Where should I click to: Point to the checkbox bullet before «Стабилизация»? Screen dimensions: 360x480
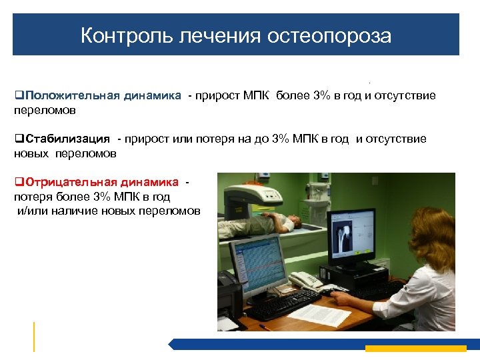(x=18, y=139)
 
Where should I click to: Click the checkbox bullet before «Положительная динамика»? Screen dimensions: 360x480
(x=18, y=96)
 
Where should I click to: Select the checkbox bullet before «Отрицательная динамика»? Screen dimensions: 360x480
(x=18, y=183)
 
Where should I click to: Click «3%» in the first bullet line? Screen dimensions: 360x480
(x=322, y=96)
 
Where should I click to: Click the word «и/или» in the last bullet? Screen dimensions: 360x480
(x=29, y=211)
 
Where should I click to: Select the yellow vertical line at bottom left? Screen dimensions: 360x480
(x=34, y=336)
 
